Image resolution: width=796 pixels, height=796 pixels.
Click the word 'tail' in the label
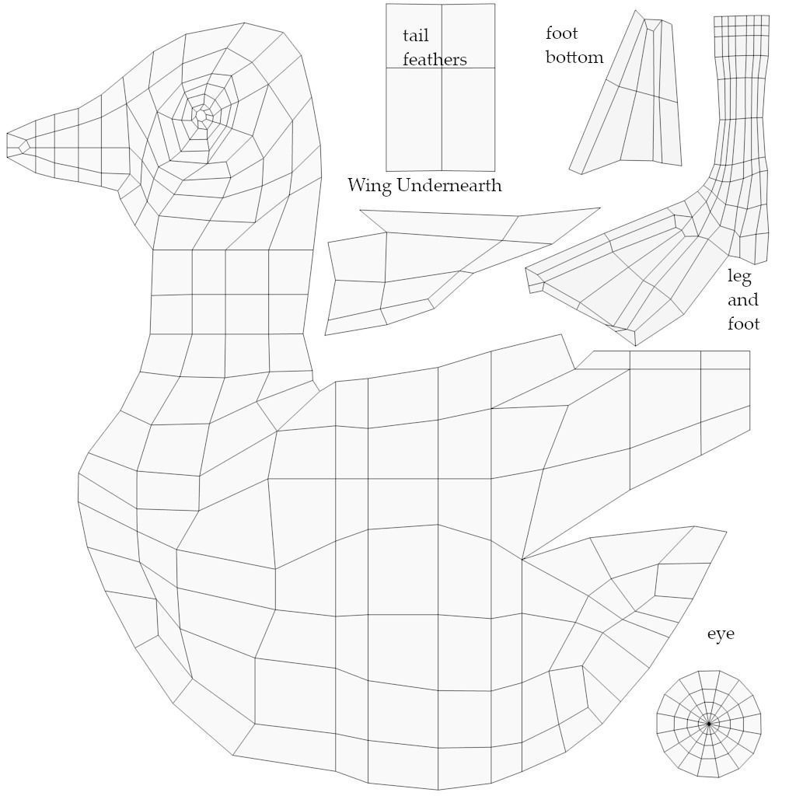tap(415, 36)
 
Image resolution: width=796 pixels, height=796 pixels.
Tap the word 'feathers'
tap(435, 60)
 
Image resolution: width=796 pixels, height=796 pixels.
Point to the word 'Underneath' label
tap(449, 185)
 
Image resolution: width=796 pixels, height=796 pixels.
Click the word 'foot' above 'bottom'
tap(561, 33)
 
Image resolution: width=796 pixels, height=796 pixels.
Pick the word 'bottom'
tap(574, 57)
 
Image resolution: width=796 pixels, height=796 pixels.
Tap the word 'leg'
tap(739, 277)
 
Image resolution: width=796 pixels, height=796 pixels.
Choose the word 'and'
tap(743, 300)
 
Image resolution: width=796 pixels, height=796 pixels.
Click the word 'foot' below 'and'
tap(743, 323)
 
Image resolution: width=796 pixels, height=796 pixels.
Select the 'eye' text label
tap(721, 634)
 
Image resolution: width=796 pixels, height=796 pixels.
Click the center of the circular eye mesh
tap(709, 724)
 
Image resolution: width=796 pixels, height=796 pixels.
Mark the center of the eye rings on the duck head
tap(201, 116)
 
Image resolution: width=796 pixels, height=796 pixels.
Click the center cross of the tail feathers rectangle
tap(442, 68)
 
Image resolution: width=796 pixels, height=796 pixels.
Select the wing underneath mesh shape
tap(428, 264)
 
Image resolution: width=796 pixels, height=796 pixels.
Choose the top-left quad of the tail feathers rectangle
tap(414, 36)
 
